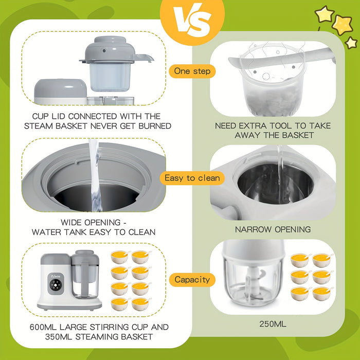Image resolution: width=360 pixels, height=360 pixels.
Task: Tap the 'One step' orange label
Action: pyautogui.click(x=192, y=71)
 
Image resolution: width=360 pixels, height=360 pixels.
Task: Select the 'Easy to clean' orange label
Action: pyautogui.click(x=192, y=178)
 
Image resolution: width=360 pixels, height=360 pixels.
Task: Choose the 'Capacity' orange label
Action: pyautogui.click(x=192, y=280)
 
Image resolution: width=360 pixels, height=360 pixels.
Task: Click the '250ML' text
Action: pyautogui.click(x=273, y=324)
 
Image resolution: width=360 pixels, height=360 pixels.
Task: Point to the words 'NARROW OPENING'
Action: pyautogui.click(x=273, y=229)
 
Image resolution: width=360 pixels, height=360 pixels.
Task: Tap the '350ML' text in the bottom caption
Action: pyautogui.click(x=59, y=337)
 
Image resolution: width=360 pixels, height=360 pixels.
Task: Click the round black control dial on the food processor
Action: pyautogui.click(x=56, y=285)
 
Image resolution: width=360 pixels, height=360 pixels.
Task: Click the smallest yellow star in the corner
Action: pyautogui.click(x=351, y=43)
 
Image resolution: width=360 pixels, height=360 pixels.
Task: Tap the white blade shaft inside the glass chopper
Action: pyautogui.click(x=253, y=282)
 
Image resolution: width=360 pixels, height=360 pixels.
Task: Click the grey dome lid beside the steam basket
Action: pyautogui.click(x=60, y=89)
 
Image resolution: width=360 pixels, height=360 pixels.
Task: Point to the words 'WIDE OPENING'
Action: pyautogui.click(x=91, y=223)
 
